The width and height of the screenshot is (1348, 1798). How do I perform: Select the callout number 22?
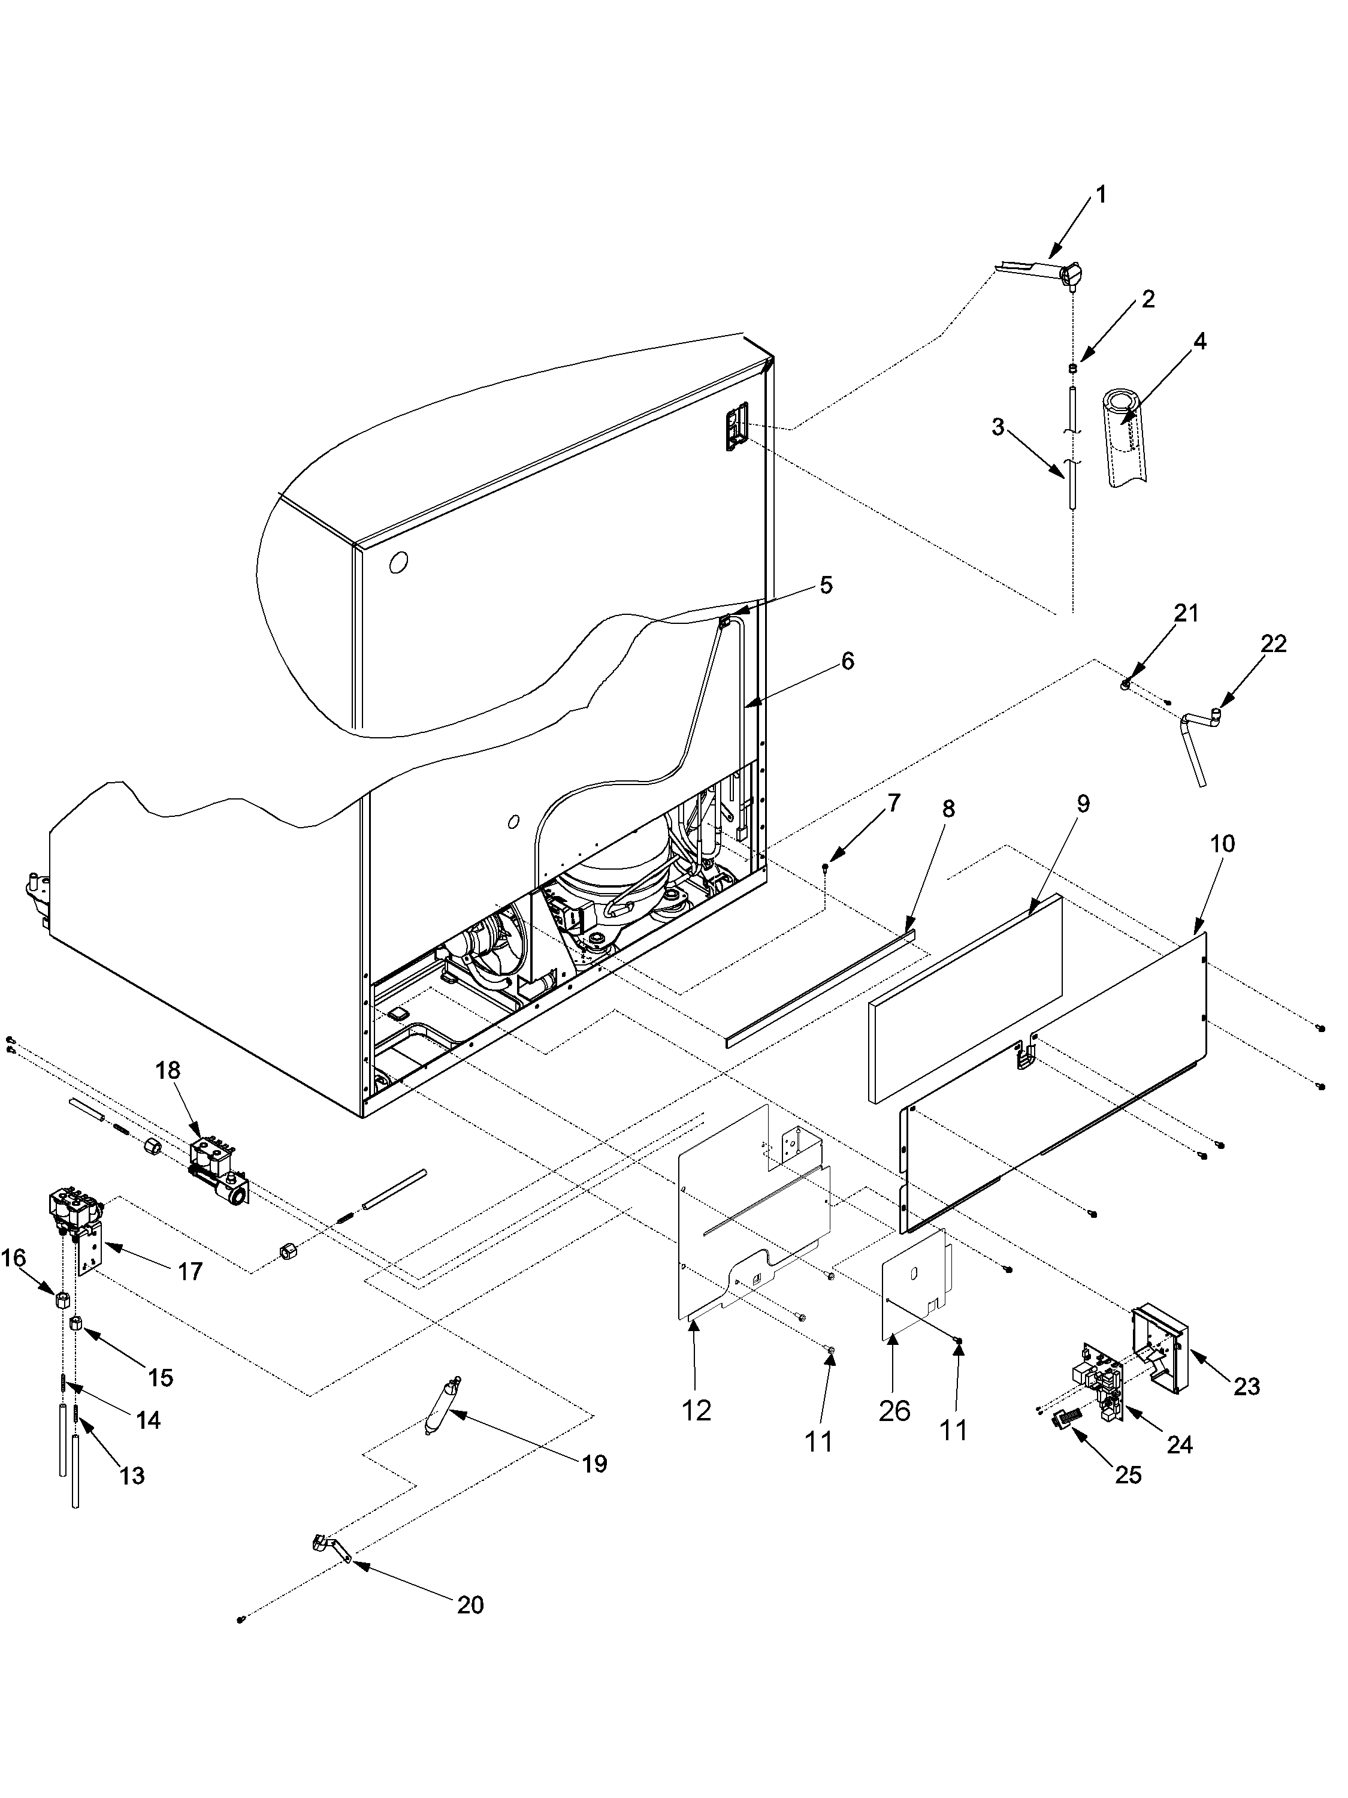pos(1273,644)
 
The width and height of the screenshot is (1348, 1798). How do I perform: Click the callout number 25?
pos(1128,1474)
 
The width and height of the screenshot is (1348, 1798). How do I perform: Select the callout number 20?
pos(470,1604)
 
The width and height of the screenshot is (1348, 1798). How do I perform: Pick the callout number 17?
pos(190,1271)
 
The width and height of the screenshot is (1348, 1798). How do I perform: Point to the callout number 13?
pos(132,1476)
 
